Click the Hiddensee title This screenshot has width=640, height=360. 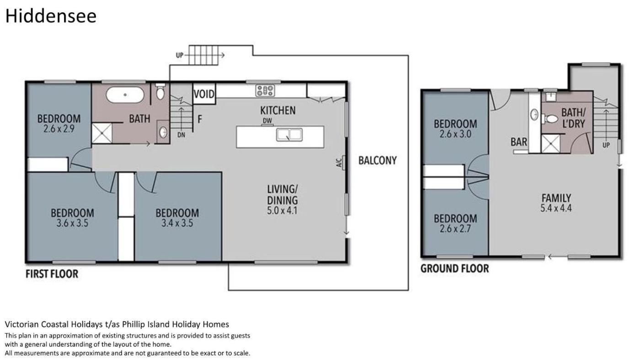51,16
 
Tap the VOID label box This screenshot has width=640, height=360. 204,94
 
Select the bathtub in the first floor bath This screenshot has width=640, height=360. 125,95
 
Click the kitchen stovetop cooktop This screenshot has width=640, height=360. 265,90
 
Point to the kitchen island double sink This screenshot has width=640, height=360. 289,135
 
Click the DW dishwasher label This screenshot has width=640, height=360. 267,121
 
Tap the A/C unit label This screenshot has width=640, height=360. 339,163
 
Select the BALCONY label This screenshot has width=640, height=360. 378,160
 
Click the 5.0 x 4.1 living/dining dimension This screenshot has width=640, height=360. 282,211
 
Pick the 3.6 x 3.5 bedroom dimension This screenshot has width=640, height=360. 72,223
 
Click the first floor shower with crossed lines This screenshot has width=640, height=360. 102,133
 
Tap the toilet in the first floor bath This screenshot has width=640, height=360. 160,91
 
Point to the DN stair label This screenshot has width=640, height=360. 181,135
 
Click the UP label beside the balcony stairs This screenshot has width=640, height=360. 179,55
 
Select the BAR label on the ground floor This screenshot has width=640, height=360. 518,142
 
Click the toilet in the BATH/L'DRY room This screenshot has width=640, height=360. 549,118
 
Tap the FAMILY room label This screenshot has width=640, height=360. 556,198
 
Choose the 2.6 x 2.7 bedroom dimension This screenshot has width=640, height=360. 455,229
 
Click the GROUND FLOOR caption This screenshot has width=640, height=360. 454,269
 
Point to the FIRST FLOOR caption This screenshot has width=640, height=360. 52,274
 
